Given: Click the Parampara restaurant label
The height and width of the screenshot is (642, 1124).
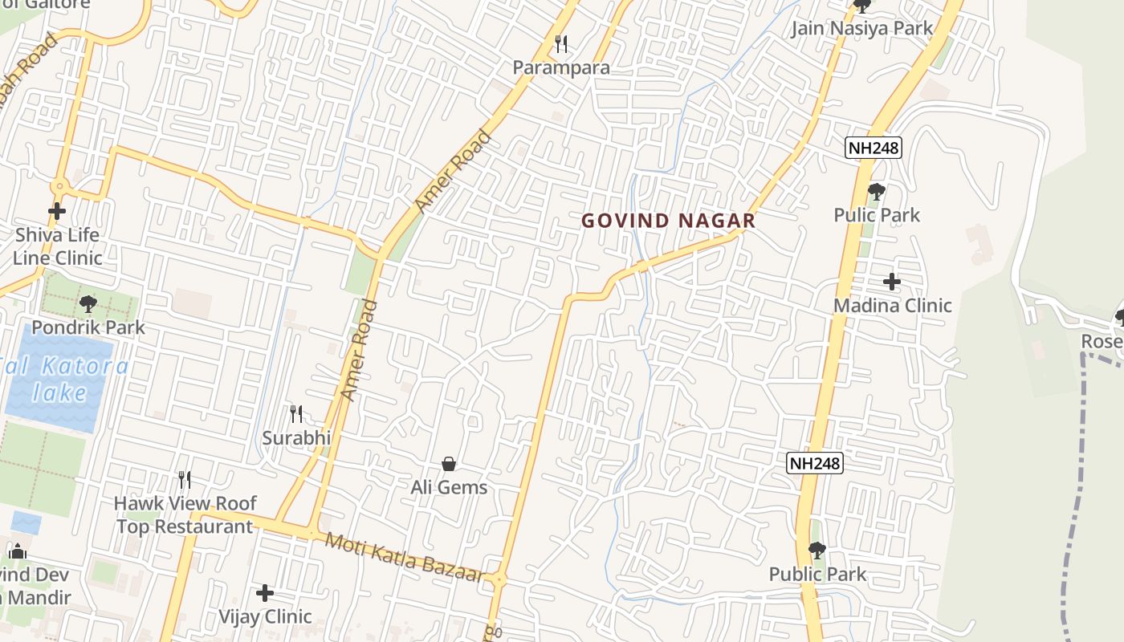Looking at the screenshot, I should click(561, 67).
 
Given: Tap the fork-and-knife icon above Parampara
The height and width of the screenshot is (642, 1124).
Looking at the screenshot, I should click(561, 44).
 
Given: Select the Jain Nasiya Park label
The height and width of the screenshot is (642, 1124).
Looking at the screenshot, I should click(862, 29).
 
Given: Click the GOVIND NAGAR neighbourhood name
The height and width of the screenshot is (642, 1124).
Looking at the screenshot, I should click(668, 221).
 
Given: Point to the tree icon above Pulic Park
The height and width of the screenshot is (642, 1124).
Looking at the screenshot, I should click(877, 192).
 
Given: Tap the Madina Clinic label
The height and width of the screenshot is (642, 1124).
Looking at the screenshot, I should click(892, 305).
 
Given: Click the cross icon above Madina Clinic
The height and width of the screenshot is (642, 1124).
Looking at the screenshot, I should click(892, 282).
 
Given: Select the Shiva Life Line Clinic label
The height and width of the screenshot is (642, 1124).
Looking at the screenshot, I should click(57, 246).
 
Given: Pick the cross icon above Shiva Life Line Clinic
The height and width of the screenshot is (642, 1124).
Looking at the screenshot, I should click(57, 212).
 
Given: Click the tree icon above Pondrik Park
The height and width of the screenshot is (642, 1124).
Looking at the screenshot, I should click(88, 304).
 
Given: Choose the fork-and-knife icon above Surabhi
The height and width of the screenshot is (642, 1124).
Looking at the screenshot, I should click(296, 414).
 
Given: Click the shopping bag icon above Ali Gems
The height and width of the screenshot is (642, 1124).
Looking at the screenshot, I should click(449, 464).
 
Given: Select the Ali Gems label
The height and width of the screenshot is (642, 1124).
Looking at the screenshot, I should click(449, 487).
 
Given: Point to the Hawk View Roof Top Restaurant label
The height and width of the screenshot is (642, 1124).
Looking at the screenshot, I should click(185, 515).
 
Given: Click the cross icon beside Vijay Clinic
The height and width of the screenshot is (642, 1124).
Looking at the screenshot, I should click(265, 593).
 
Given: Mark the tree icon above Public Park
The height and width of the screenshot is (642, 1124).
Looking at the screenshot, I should click(817, 551).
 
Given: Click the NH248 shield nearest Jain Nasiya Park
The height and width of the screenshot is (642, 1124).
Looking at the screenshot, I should click(874, 148).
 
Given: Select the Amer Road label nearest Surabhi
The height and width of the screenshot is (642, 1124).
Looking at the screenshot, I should click(359, 350).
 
